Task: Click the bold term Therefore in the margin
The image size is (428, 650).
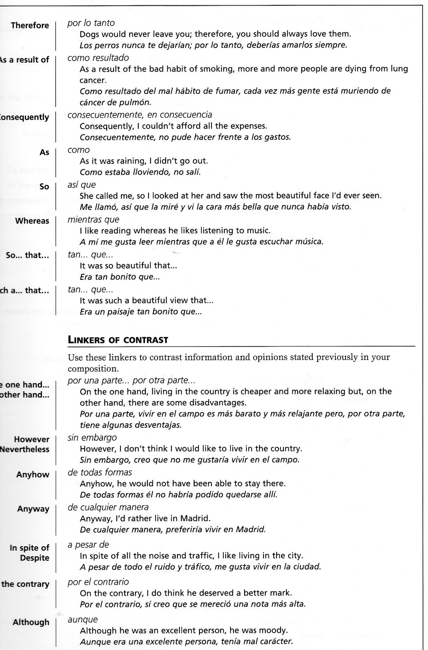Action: [x=30, y=26]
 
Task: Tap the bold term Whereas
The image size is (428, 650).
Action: [x=32, y=221]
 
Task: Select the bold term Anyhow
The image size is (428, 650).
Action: [x=32, y=474]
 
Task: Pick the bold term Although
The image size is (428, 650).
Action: [x=31, y=622]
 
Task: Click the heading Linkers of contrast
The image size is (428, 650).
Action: [x=118, y=340]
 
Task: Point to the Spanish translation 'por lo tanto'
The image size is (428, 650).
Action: [x=91, y=23]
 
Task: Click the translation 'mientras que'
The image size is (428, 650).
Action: [x=93, y=220]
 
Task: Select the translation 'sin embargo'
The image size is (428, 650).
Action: [x=92, y=438]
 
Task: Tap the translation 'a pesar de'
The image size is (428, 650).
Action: [x=88, y=545]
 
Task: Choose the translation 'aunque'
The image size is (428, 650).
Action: [x=83, y=620]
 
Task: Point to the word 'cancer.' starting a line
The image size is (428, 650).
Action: [x=93, y=80]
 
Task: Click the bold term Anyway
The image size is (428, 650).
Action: [x=33, y=509]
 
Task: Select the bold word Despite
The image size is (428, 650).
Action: [x=35, y=558]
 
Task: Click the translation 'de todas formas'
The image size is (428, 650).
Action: [x=100, y=472]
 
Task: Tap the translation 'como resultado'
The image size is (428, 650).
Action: [x=98, y=58]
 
